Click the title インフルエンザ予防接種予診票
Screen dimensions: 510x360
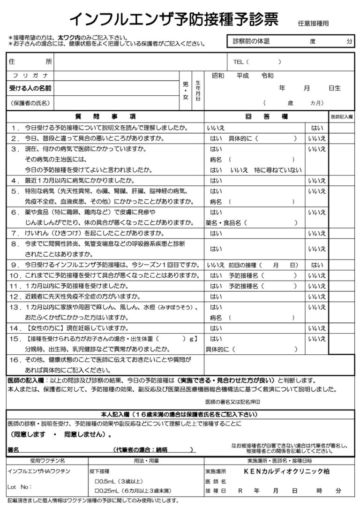pyautogui.click(x=173, y=19)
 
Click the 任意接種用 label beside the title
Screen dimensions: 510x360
pyautogui.click(x=313, y=23)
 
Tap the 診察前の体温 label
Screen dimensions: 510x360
pyautogui.click(x=251, y=42)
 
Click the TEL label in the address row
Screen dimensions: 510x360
pyautogui.click(x=239, y=62)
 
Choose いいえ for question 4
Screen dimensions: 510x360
pyautogui.click(x=316, y=181)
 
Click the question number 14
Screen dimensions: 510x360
pyautogui.click(x=15, y=328)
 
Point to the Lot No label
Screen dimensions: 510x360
pyautogui.click(x=20, y=487)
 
